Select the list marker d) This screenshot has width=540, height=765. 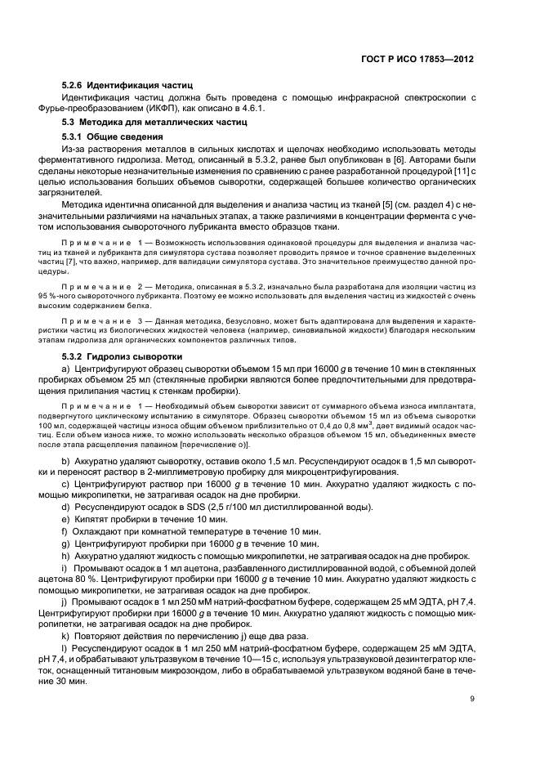[x=66, y=507]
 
